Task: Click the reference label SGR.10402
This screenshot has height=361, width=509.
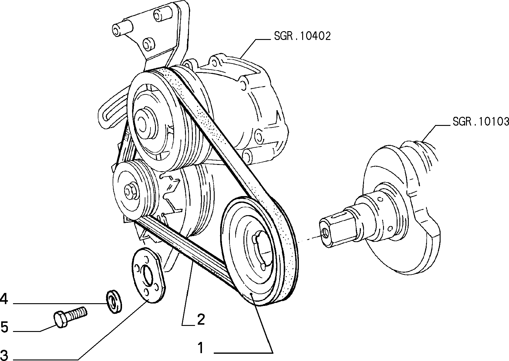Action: click(x=302, y=36)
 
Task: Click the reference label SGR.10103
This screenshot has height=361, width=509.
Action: click(x=481, y=122)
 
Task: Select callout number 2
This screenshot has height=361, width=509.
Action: click(x=201, y=319)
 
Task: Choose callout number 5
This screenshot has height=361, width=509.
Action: click(x=4, y=327)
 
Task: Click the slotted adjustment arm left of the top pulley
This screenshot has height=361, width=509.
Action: click(x=112, y=111)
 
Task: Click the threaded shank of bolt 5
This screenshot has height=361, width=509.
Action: click(x=78, y=313)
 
